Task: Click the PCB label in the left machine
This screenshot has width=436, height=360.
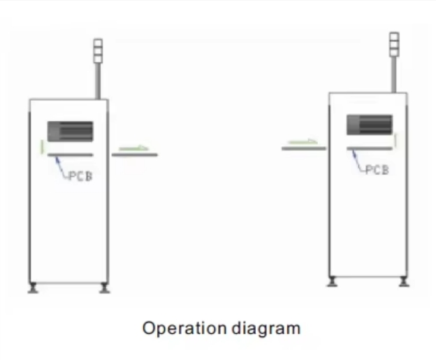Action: click(x=80, y=176)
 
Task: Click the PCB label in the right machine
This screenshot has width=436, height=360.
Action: click(x=377, y=170)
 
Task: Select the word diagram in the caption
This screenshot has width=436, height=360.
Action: click(x=266, y=329)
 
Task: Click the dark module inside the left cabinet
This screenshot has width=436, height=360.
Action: click(x=70, y=131)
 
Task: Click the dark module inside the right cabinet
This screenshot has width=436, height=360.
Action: click(x=370, y=125)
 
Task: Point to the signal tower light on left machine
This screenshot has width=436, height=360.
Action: click(x=98, y=51)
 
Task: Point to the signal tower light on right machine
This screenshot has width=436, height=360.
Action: click(x=394, y=45)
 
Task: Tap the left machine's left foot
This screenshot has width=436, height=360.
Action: click(x=33, y=288)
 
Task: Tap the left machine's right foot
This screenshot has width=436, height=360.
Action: click(x=105, y=288)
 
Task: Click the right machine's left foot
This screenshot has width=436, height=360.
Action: click(x=332, y=281)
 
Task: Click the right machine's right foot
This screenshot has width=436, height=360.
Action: click(x=404, y=281)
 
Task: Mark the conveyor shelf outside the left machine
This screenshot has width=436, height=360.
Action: click(x=135, y=154)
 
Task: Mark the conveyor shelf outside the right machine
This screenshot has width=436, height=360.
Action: click(x=304, y=149)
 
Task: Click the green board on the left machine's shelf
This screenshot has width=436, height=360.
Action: click(x=134, y=148)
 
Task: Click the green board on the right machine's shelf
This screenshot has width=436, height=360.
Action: click(x=303, y=142)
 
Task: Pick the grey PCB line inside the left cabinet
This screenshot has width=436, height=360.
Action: click(x=71, y=154)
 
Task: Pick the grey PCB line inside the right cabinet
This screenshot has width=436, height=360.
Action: click(x=370, y=149)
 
